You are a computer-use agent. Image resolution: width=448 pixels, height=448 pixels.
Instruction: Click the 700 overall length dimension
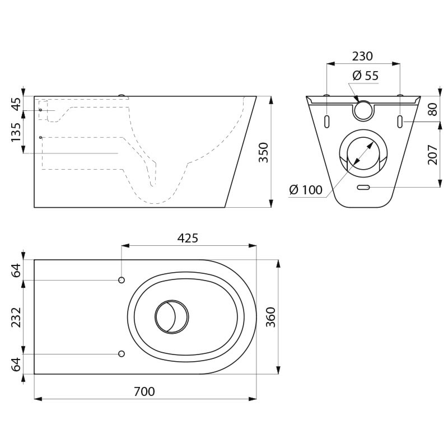click(144, 391)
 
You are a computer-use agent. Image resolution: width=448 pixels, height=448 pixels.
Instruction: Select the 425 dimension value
click(188, 238)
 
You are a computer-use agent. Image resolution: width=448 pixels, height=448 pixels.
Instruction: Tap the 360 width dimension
click(270, 317)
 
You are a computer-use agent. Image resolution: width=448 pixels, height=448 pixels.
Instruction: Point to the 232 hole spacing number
click(16, 317)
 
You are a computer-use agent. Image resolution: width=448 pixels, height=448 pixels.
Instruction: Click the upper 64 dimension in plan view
click(16, 269)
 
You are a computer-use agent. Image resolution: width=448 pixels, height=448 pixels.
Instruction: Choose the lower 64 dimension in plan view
click(16, 364)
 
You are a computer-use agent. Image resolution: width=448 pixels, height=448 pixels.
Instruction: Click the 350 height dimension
click(263, 152)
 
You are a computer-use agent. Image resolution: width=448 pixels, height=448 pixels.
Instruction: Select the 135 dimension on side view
click(16, 132)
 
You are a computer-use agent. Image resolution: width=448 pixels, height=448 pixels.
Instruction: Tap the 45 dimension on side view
click(16, 104)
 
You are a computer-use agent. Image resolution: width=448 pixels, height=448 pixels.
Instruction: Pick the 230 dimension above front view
click(362, 57)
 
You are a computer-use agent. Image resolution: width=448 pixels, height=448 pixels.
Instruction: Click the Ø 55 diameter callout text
click(366, 76)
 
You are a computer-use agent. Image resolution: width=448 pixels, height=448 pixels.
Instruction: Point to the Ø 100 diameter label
click(306, 190)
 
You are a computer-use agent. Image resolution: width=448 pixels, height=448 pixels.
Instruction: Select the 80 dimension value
click(432, 109)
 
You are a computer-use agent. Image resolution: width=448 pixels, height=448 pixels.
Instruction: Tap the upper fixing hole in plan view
click(122, 280)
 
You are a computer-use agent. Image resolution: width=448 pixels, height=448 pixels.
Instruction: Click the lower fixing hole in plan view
click(122, 354)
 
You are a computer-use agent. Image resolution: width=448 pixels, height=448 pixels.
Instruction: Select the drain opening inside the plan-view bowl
click(171, 317)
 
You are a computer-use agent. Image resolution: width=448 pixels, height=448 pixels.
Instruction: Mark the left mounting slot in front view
click(326, 122)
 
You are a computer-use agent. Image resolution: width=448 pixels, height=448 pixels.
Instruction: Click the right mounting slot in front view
click(400, 122)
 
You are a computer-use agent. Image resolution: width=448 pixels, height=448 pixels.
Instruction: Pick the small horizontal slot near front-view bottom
click(363, 187)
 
